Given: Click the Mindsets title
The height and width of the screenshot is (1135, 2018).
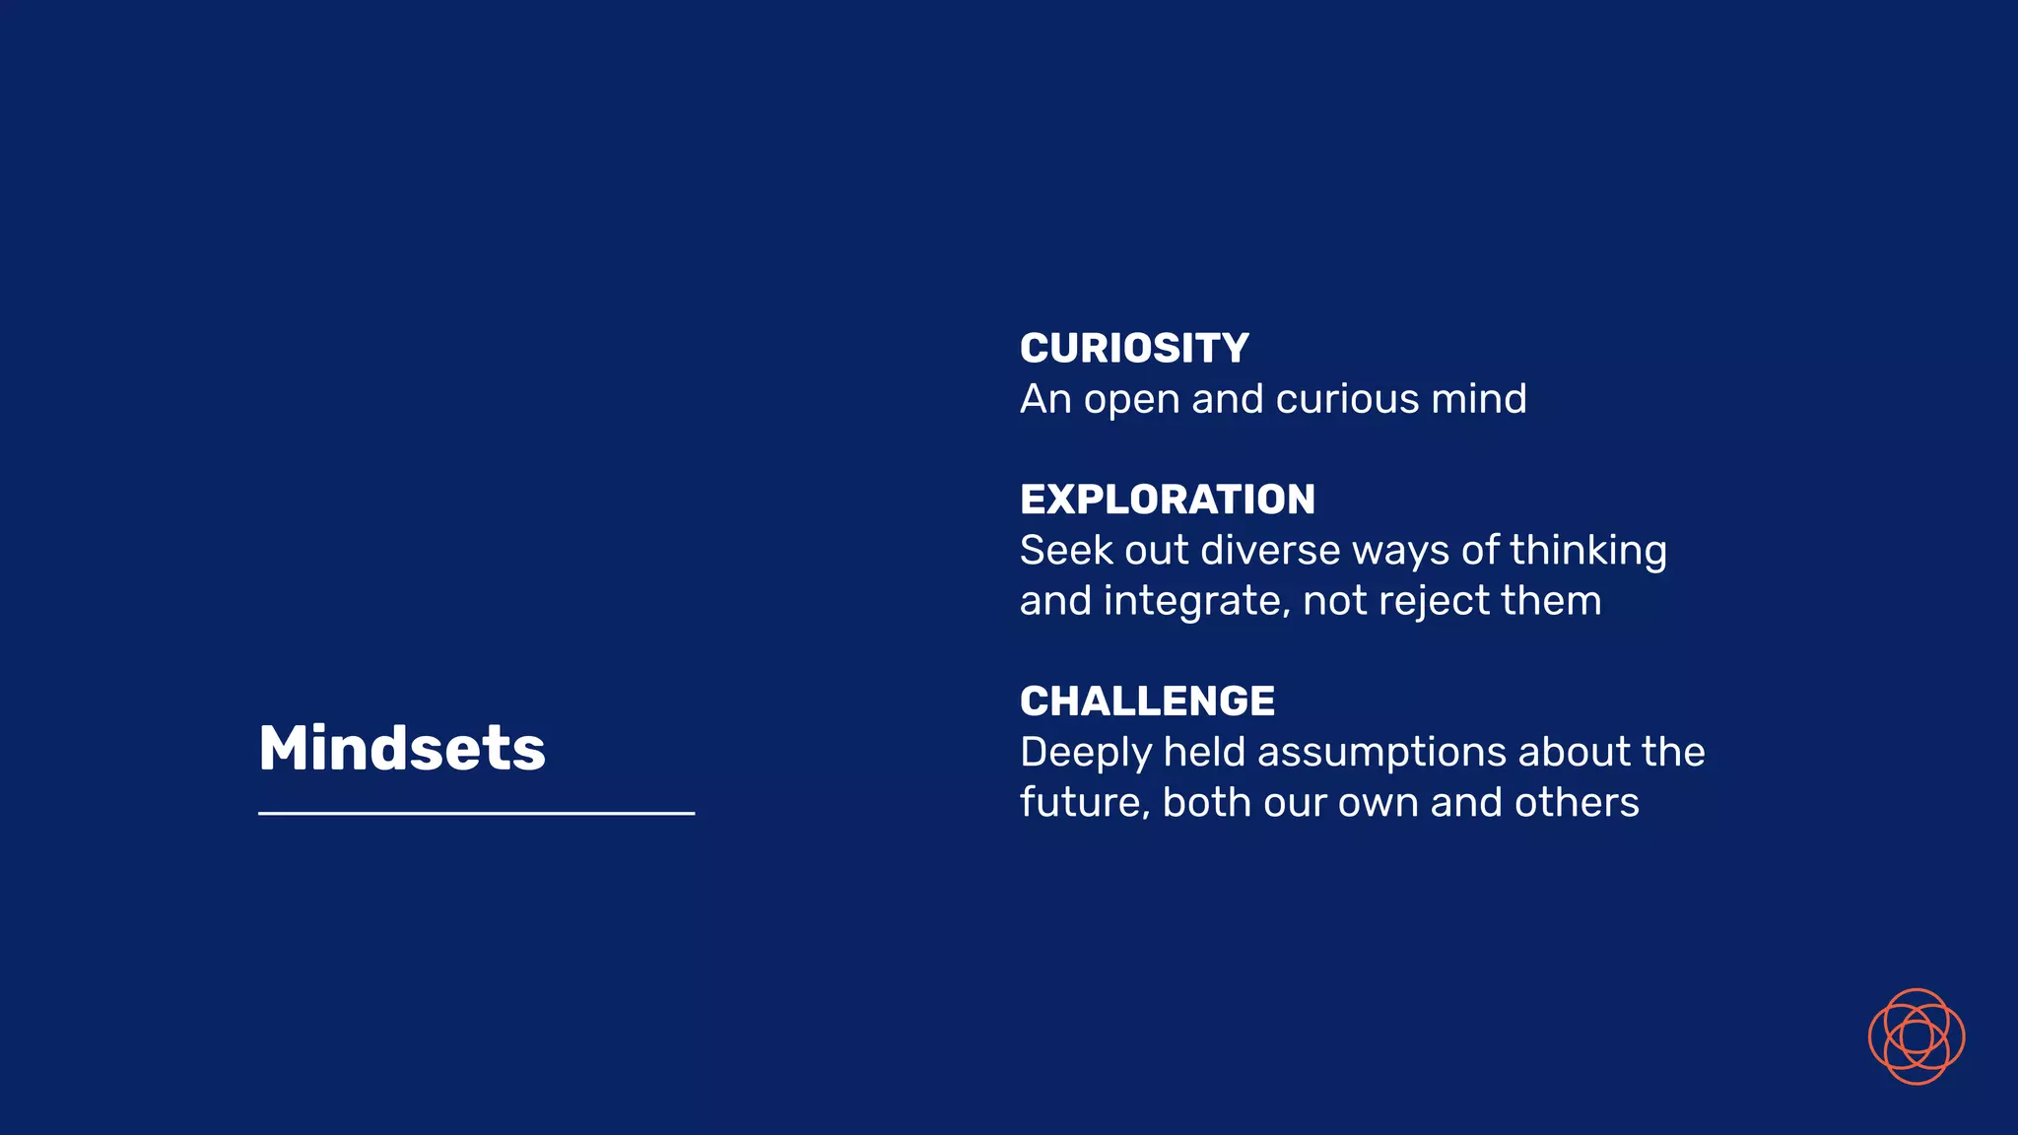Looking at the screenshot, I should coord(401,749).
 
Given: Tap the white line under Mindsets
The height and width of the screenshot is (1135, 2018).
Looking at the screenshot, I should coord(476,813).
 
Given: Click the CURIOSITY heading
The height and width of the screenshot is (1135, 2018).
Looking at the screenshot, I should coord(1134,349).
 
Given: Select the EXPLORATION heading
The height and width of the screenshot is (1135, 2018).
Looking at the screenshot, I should coord(1168,500).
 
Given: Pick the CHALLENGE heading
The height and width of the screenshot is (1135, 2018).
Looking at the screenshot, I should coord(1147,701).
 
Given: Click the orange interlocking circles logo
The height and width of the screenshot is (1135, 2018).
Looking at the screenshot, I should coord(1916,1036).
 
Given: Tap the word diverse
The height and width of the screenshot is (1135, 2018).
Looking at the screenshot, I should coord(1271,551).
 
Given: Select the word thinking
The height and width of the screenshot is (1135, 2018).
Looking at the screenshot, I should coord(1587,552).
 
